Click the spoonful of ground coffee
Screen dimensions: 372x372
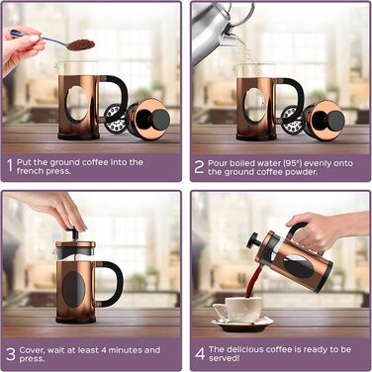pos(81,45)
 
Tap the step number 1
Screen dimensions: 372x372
pos(10,166)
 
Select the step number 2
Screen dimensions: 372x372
pos(199,167)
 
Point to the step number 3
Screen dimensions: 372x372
pos(11,354)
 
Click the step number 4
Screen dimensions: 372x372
pos(200,353)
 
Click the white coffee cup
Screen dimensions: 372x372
pos(238,310)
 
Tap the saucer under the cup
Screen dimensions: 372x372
pos(242,325)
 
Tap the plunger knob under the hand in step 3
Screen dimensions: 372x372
pos(74,232)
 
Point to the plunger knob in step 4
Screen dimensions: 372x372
pos(253,240)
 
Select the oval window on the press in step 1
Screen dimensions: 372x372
pos(77,103)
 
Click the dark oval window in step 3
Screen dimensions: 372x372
pos(73,290)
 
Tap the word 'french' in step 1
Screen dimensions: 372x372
pos(30,171)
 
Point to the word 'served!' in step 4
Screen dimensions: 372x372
pos(225,358)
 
